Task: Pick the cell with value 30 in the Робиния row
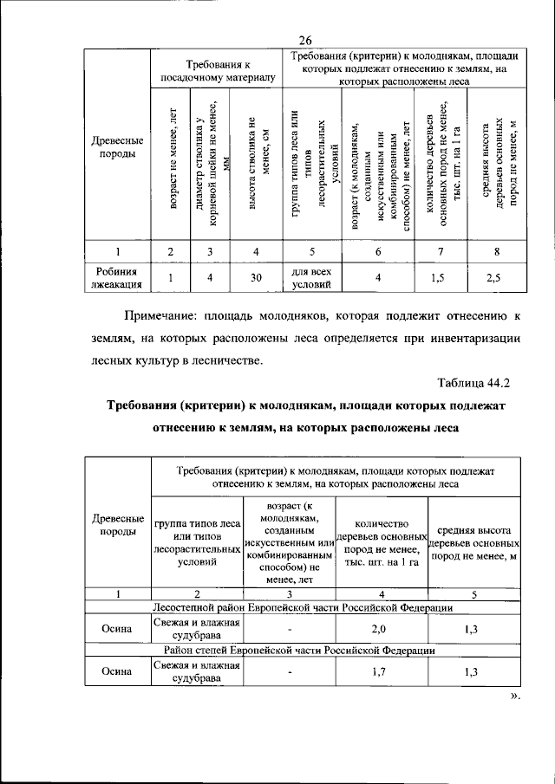coord(256,277)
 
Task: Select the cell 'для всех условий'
coord(313,277)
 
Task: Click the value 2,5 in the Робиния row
coord(493,277)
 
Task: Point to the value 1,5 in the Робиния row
coord(440,277)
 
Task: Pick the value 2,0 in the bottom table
coord(382,628)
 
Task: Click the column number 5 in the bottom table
coord(472,593)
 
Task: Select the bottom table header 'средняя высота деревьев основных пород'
coord(472,543)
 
